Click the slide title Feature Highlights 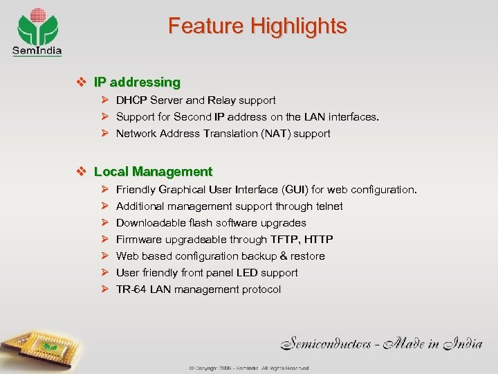coord(257,26)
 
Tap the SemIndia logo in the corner coord(37,31)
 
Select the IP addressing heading coord(137,82)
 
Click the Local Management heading coord(153,171)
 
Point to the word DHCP coord(131,100)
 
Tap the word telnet coord(328,206)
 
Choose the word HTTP coord(318,240)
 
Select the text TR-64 coord(131,290)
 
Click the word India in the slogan coord(457,341)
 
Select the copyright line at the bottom coord(249,368)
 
